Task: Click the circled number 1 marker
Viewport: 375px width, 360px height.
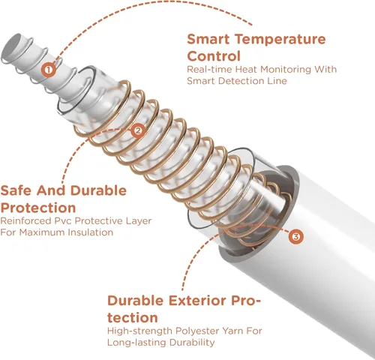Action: click(x=49, y=69)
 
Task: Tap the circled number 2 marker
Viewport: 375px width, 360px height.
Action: click(x=138, y=130)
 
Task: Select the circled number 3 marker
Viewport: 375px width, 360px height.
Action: click(x=295, y=236)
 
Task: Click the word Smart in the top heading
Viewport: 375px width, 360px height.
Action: click(x=208, y=39)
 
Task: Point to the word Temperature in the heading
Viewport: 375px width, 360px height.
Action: click(x=280, y=40)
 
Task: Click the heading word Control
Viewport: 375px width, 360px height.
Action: click(x=214, y=56)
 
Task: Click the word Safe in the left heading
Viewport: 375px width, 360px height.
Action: click(x=16, y=190)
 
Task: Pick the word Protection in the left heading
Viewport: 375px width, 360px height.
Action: click(x=38, y=208)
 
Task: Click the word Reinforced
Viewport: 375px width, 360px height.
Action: click(x=24, y=220)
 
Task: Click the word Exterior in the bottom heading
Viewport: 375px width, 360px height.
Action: click(x=197, y=300)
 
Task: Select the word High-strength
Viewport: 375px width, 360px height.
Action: click(x=140, y=331)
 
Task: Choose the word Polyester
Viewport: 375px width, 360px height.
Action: click(x=198, y=331)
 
